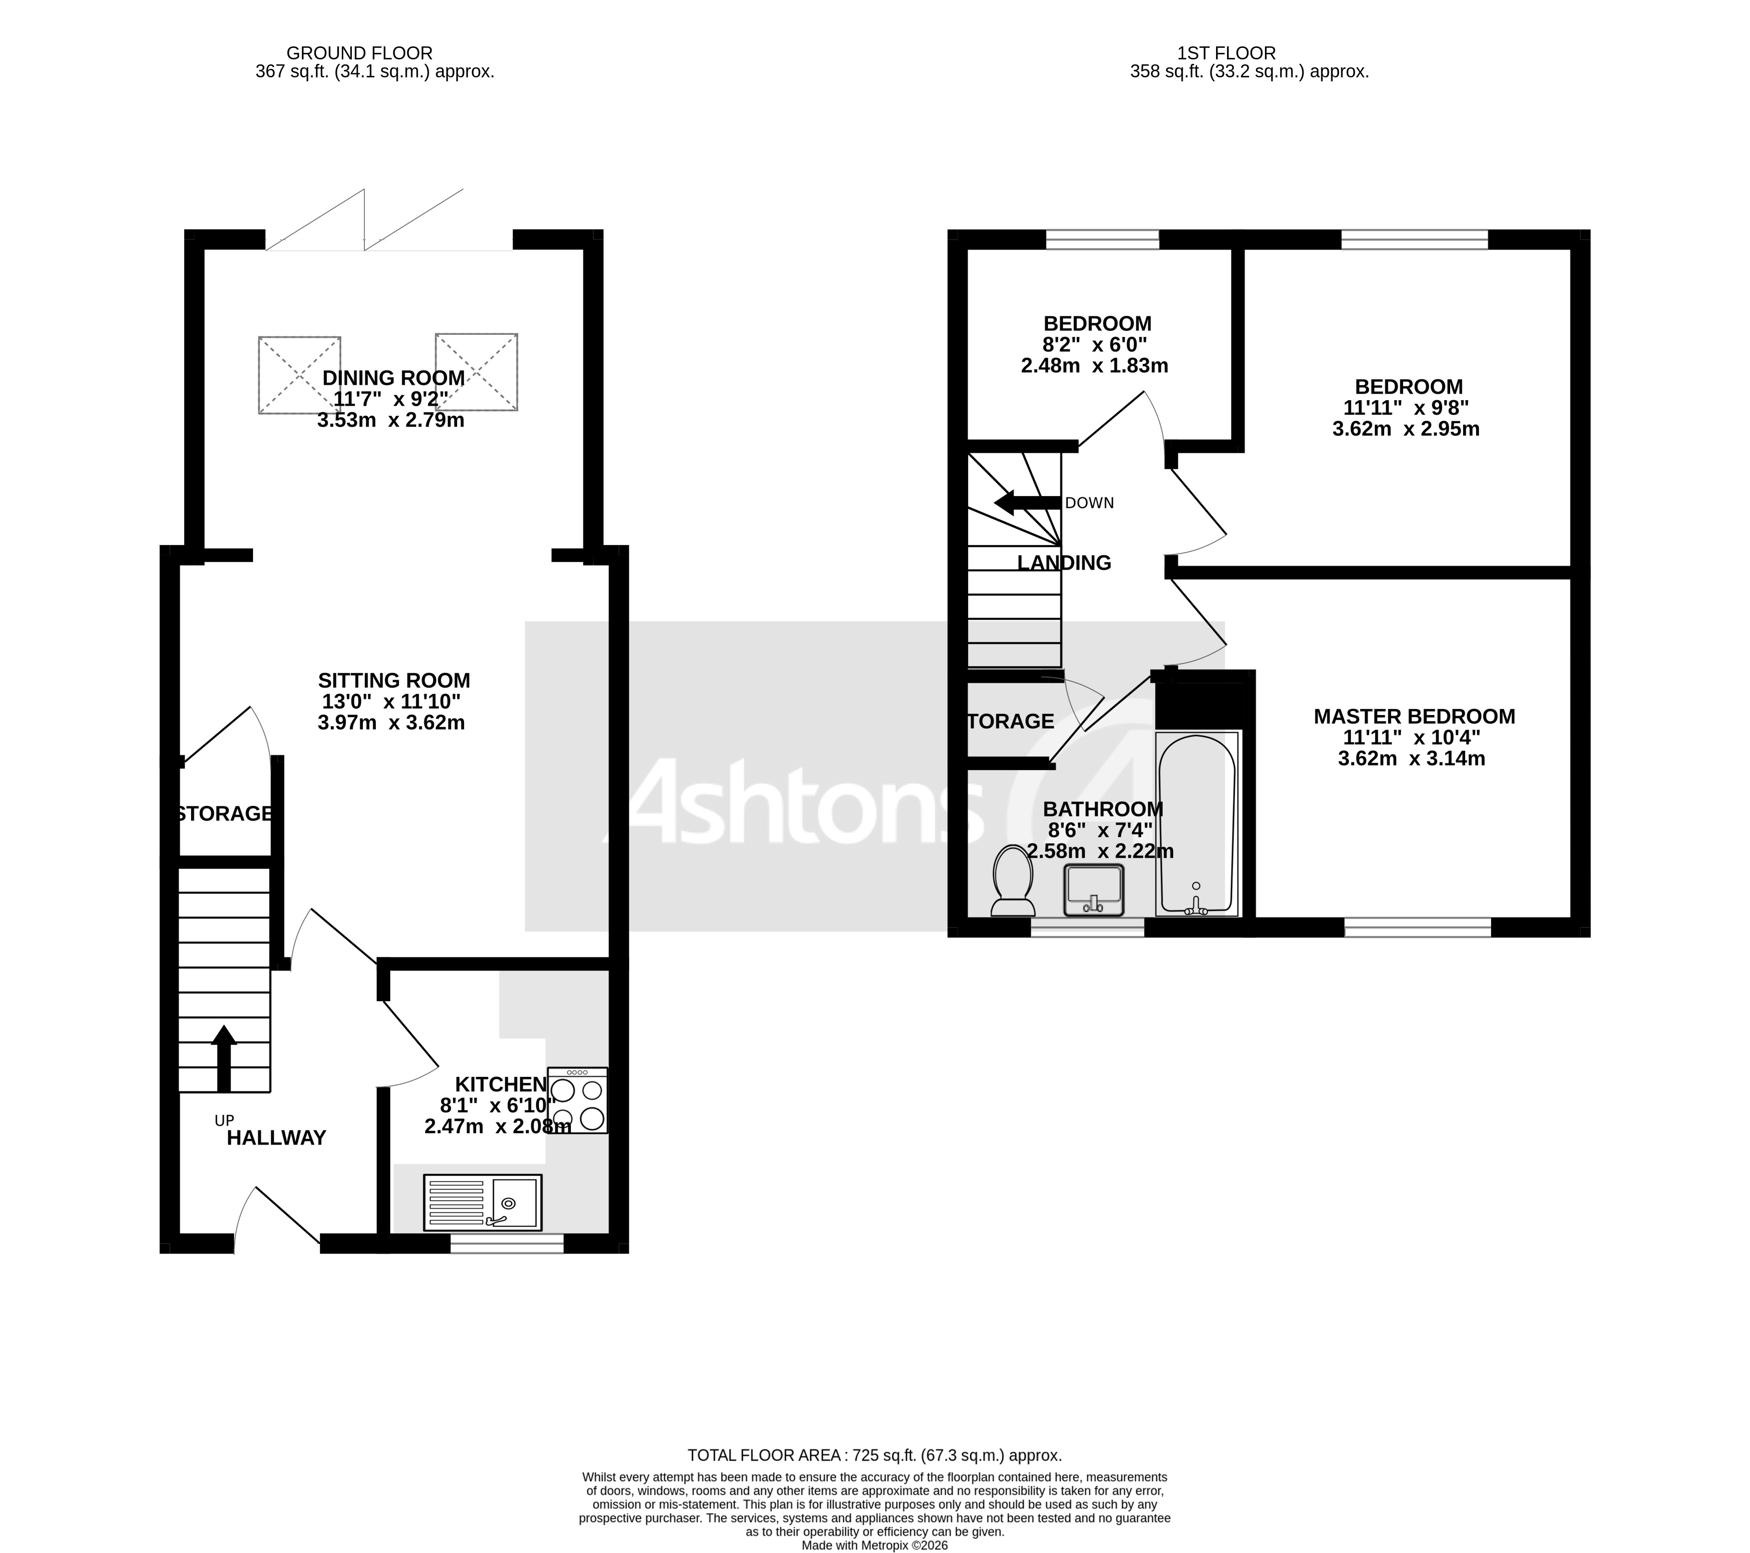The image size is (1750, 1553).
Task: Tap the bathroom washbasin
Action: (1093, 890)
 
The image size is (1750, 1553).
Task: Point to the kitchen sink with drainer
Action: (483, 1202)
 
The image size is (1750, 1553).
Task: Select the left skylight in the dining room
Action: (300, 375)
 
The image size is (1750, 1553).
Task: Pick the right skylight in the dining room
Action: (476, 372)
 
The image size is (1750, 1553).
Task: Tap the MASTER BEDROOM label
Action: (1414, 717)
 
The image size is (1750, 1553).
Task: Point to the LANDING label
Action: (1064, 562)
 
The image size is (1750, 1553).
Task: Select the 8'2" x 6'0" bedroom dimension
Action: (1094, 345)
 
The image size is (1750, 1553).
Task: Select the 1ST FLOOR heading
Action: (1226, 53)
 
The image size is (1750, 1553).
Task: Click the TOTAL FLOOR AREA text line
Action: (874, 1455)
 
